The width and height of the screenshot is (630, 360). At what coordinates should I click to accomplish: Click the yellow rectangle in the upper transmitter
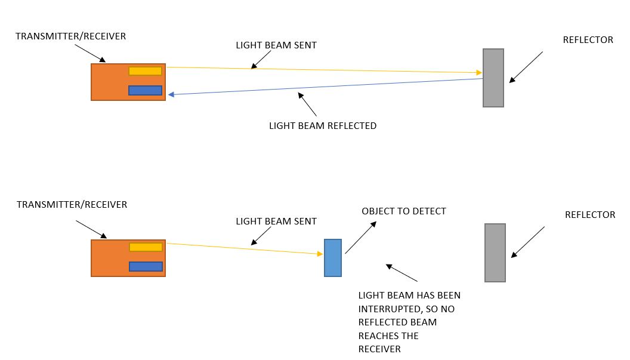[145, 71]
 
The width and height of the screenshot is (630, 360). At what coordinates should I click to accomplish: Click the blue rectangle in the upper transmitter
[145, 91]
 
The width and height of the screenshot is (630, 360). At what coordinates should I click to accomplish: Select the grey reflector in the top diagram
[493, 78]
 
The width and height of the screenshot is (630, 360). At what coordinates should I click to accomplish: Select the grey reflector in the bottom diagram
[495, 253]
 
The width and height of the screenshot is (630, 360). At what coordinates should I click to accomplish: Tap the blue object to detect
[333, 257]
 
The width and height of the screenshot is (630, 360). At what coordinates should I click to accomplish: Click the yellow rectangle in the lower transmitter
[146, 247]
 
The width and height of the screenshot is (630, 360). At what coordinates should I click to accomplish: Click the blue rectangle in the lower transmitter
[146, 266]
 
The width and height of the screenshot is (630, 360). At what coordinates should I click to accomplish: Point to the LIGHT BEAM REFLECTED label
[323, 126]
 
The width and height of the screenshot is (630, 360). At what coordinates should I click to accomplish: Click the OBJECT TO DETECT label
[404, 211]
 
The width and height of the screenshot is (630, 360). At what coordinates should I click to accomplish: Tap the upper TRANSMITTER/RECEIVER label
[71, 36]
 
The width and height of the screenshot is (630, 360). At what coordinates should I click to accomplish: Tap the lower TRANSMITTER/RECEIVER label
[72, 205]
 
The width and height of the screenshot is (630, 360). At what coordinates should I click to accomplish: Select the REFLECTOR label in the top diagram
[588, 40]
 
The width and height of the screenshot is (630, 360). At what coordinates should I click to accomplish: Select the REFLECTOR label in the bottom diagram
[589, 215]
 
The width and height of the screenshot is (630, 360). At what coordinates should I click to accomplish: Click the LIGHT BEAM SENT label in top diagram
[276, 45]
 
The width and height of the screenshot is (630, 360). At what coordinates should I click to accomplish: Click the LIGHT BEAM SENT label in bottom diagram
[276, 221]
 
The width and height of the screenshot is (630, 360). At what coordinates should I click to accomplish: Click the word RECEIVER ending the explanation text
[379, 349]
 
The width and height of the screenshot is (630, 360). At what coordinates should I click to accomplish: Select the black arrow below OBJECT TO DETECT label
[361, 238]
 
